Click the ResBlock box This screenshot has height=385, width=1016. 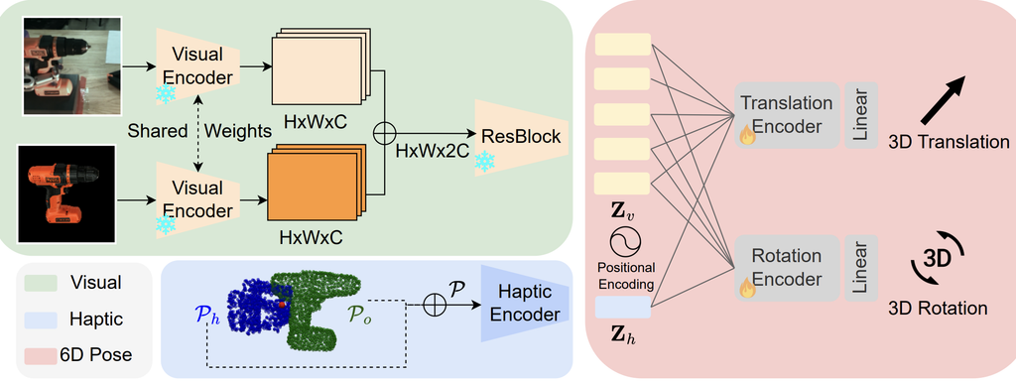521,138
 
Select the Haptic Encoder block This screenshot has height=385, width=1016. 525,304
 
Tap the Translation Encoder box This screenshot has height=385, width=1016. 786,115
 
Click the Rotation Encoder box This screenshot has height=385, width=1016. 786,268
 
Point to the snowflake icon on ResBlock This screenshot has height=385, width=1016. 484,162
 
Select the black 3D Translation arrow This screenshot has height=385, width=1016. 944,99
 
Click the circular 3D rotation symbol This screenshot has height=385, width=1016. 937,259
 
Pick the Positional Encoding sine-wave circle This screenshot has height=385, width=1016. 625,242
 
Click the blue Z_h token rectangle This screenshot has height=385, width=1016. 622,308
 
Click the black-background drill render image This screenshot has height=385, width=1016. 66,193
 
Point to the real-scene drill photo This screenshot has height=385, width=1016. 71,65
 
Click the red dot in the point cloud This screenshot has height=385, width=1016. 281,304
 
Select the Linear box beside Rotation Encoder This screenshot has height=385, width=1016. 861,268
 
